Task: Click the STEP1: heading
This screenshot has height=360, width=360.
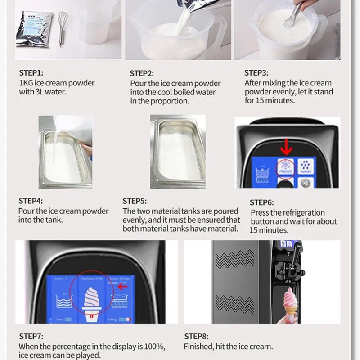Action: [x=31, y=72]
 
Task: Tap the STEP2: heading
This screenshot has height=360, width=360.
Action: [x=142, y=73]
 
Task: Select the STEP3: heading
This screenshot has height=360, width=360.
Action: [x=256, y=72]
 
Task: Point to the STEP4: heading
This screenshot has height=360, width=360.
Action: [x=31, y=201]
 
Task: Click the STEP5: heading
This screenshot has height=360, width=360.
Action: [x=135, y=201]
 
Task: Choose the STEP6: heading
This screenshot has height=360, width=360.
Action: [x=261, y=202]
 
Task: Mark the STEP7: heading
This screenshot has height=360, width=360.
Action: [x=31, y=336]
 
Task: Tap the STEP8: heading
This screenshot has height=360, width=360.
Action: [x=197, y=336]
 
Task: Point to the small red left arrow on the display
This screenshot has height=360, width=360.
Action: [x=122, y=286]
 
